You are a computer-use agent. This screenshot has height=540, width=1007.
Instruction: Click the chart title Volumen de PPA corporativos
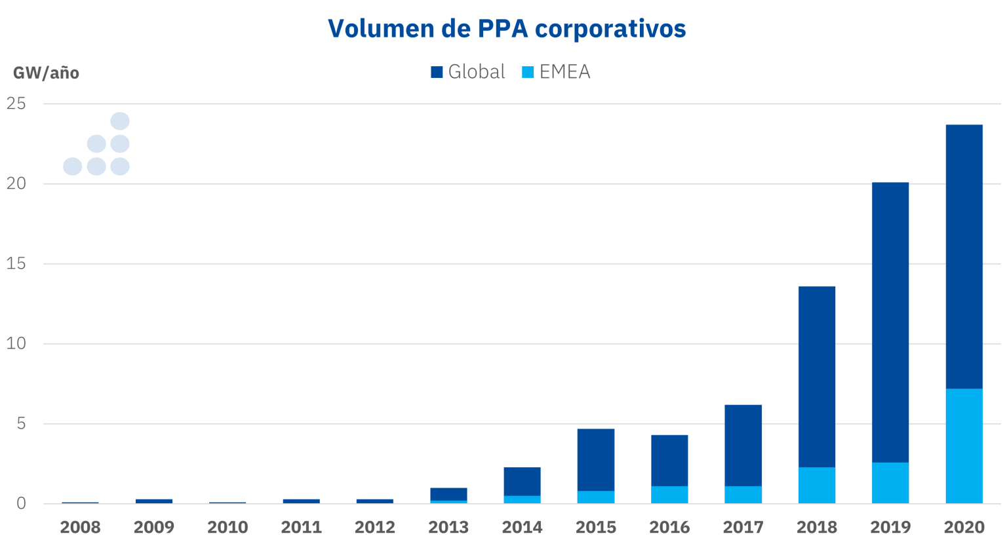pos(507,28)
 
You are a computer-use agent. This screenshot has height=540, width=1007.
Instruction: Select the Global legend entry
pos(468,71)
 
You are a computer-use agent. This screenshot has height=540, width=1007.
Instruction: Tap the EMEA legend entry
pos(557,71)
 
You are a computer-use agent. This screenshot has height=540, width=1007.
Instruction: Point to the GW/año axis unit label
pos(46,73)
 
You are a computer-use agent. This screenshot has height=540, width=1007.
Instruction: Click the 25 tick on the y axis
pos(16,104)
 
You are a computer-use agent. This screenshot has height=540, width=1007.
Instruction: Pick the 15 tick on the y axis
pos(16,263)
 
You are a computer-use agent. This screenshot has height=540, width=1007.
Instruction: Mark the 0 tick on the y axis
pos(22,503)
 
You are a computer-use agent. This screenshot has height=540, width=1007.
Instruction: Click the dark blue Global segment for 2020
pos(964,256)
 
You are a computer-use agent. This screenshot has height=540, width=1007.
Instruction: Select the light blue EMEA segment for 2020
pos(964,446)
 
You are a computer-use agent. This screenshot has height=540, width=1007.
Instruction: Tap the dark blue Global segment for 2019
pos(890,321)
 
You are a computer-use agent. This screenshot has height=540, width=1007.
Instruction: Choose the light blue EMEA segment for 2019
pos(890,483)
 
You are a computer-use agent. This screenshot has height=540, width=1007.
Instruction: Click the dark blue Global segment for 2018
pos(817,377)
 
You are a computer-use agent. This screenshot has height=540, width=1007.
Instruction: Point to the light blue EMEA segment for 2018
pos(817,485)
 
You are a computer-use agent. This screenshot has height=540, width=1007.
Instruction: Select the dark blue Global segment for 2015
pos(596,459)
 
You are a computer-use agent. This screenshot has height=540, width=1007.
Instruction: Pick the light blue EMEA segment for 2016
pos(669,495)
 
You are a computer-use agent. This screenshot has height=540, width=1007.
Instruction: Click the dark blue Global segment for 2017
pos(743,445)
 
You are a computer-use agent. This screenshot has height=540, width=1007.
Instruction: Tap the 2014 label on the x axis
pos(522,527)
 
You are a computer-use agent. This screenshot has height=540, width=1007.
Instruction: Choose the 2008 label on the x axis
pos(80,527)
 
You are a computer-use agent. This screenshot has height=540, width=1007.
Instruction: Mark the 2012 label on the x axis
pos(375,527)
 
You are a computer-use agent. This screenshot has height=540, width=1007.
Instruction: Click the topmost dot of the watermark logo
pos(120,121)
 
